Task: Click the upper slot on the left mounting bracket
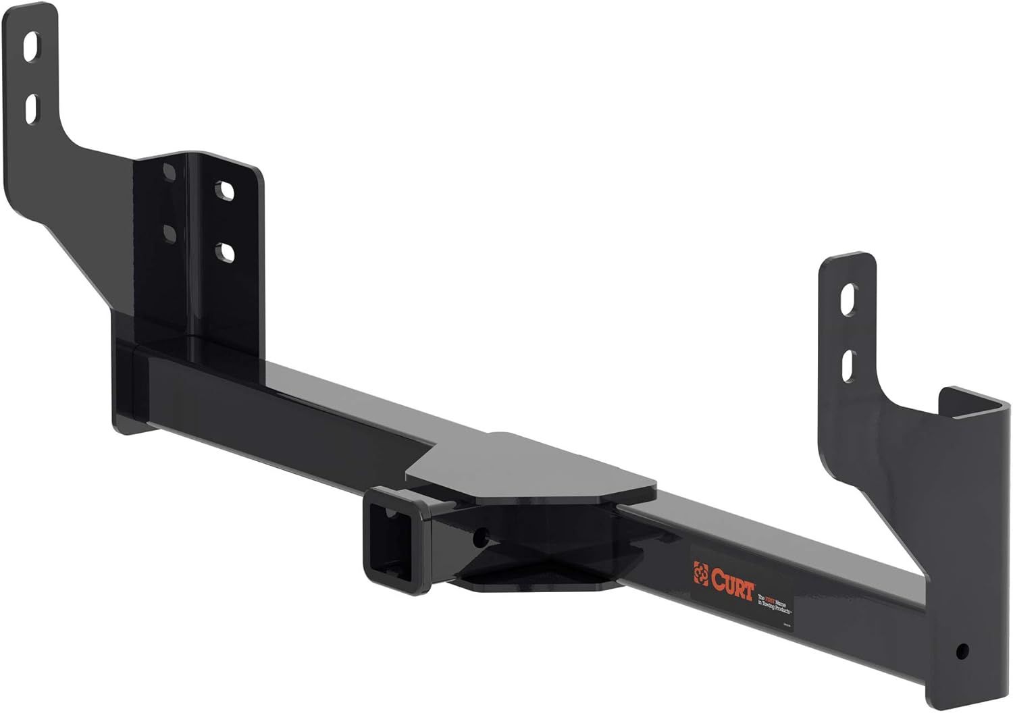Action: pyautogui.click(x=32, y=48)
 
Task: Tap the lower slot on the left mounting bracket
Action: pyautogui.click(x=32, y=108)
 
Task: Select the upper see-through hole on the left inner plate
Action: pyautogui.click(x=225, y=190)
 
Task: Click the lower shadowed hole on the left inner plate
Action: pyautogui.click(x=169, y=234)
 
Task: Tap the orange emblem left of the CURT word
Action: pyautogui.click(x=700, y=574)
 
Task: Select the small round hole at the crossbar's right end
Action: pyautogui.click(x=962, y=652)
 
